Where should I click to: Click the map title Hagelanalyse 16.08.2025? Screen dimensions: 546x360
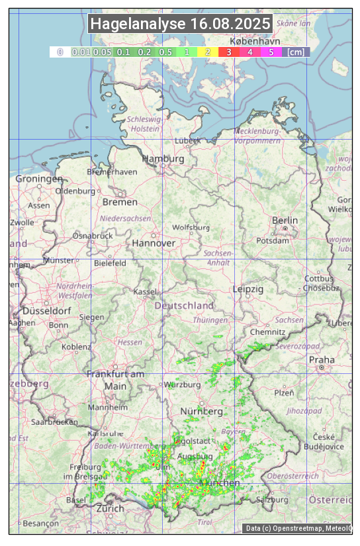[180, 24]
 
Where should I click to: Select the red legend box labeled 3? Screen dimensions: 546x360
[228, 52]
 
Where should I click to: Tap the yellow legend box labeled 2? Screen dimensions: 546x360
[208, 52]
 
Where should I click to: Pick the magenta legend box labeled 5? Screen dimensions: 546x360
[271, 52]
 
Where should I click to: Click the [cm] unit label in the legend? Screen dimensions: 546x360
[296, 52]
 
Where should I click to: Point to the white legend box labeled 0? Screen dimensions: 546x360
[60, 52]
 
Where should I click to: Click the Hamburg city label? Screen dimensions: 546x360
[163, 159]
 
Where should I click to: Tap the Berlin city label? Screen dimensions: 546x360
[285, 220]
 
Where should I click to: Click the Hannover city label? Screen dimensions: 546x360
[154, 243]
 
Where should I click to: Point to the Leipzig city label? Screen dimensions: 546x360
[248, 289]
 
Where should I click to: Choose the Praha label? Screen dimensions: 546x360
[322, 360]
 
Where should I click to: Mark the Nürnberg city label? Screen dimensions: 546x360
[202, 412]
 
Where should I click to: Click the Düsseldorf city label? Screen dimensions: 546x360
[47, 310]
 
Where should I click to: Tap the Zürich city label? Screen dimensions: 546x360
[110, 508]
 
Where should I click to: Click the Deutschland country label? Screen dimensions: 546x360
[184, 306]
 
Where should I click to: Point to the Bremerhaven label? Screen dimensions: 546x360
[112, 172]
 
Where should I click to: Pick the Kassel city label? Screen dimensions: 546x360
[144, 292]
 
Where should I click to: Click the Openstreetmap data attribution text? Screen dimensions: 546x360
[298, 528]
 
